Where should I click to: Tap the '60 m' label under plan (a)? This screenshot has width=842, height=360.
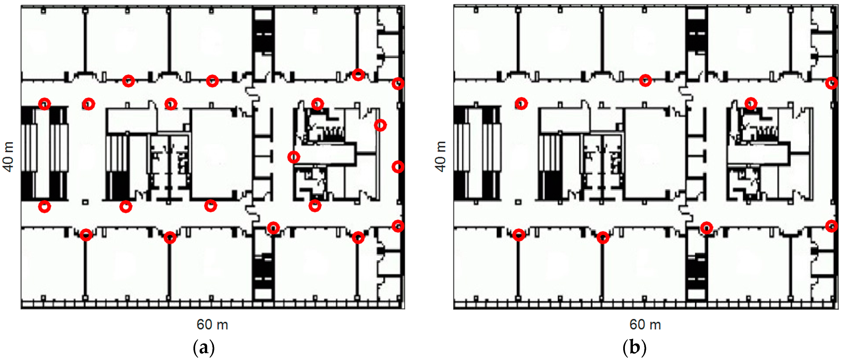click(x=212, y=325)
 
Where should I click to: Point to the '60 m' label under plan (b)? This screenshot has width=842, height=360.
click(x=645, y=325)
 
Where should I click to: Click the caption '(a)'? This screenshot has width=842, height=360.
click(x=204, y=348)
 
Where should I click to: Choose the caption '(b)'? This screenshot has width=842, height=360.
click(x=634, y=348)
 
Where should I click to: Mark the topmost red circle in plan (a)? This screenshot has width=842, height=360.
click(x=358, y=75)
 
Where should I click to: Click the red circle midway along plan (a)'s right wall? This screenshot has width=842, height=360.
click(x=398, y=167)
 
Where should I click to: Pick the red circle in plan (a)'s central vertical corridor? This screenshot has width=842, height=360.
click(x=294, y=157)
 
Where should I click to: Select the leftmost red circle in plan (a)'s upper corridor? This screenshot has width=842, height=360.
click(x=45, y=104)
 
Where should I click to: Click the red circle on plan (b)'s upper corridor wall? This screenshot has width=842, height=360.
click(x=645, y=81)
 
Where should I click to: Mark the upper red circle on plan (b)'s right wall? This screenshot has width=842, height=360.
click(x=831, y=83)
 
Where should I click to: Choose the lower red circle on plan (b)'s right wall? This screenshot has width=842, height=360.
click(x=831, y=226)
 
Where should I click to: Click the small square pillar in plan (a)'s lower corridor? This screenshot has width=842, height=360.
click(x=85, y=202)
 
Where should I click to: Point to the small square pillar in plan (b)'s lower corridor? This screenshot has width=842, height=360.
click(x=518, y=202)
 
